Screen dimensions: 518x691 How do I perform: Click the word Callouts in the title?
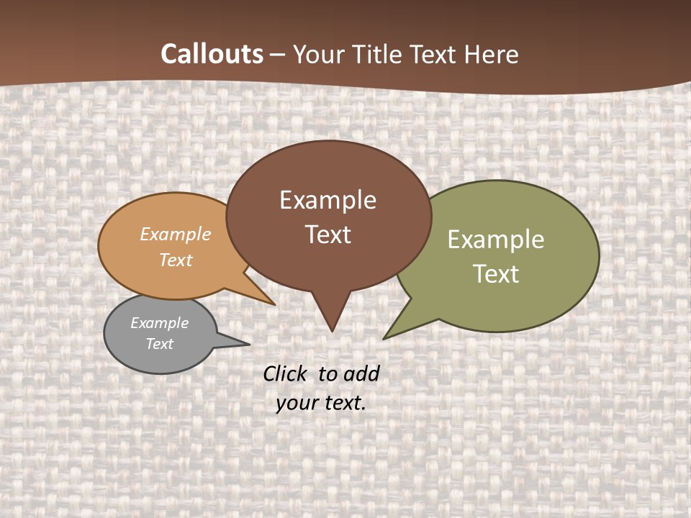pos(212,54)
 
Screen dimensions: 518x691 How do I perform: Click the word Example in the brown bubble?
pos(328,200)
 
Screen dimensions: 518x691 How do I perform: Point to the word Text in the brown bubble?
pos(328,235)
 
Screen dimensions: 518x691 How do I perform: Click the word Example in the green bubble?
pos(495,240)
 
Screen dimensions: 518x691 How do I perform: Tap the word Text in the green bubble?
pos(495,274)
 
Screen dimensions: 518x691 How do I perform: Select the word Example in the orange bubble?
pos(175,234)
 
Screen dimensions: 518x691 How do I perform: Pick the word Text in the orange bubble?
pos(175,260)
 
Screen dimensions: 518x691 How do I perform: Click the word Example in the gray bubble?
pos(159,323)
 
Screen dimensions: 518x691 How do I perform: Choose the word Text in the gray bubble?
pos(159,344)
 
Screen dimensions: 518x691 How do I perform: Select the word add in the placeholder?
pos(361,373)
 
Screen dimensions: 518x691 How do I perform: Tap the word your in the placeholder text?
pos(297,403)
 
